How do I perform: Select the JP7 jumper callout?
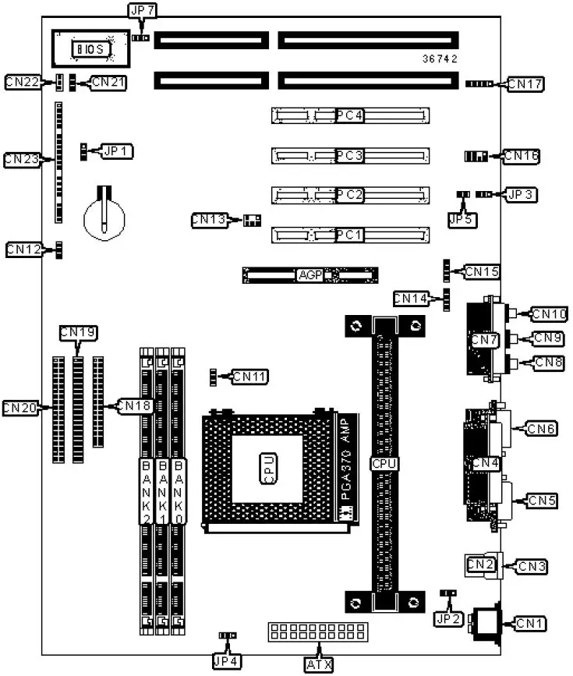tap(141, 9)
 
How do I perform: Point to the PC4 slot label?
tap(350, 116)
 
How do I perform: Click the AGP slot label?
tap(309, 274)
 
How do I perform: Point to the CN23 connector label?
tap(21, 159)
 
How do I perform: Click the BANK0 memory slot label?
tap(179, 491)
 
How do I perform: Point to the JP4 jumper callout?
tap(227, 661)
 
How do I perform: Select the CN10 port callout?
tap(546, 314)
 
